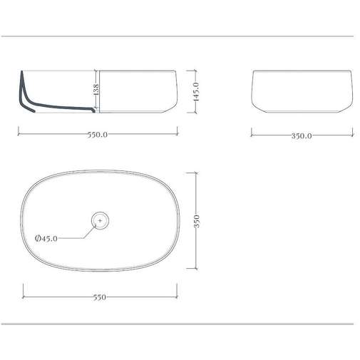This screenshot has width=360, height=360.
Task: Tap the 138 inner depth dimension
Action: pyautogui.click(x=95, y=90)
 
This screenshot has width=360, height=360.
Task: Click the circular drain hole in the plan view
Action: pyautogui.click(x=100, y=222)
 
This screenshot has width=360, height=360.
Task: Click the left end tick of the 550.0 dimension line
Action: pyautogui.click(x=18, y=133)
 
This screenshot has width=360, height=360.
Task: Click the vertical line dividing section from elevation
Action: pyautogui.click(x=97, y=91)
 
